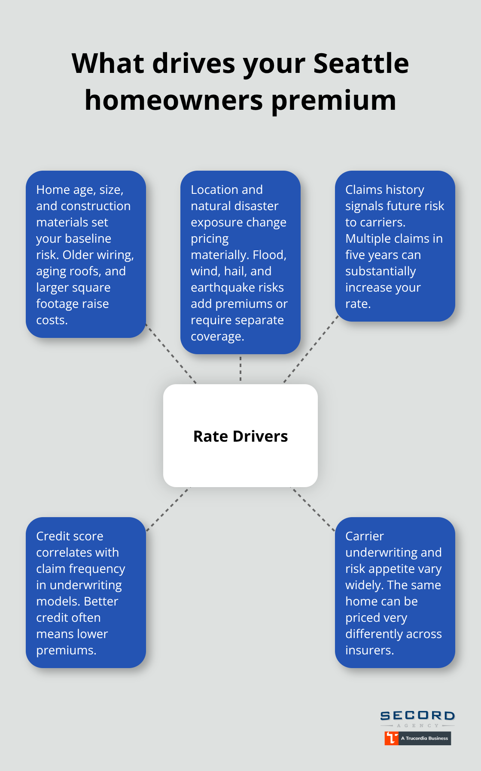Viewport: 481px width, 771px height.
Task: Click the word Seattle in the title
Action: [361, 63]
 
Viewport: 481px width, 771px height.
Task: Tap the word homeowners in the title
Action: [174, 101]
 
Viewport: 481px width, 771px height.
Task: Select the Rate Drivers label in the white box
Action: [240, 436]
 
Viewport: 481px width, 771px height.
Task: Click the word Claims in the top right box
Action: [363, 190]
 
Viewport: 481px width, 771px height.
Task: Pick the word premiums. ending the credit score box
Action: [66, 651]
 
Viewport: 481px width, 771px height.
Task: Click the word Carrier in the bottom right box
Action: [364, 536]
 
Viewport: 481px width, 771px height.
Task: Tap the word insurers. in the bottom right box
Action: [369, 651]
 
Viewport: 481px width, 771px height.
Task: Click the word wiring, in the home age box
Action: [116, 255]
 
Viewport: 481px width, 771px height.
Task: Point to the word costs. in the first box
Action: [52, 320]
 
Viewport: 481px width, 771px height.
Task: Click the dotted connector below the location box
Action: [240, 369]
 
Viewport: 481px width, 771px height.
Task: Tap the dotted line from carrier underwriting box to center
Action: [314, 509]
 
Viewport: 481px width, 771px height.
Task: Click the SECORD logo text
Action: [417, 716]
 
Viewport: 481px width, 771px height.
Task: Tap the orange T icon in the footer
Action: [391, 738]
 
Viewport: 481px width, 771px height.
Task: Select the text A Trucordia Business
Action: [424, 738]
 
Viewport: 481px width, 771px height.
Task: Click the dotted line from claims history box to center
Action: [311, 349]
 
